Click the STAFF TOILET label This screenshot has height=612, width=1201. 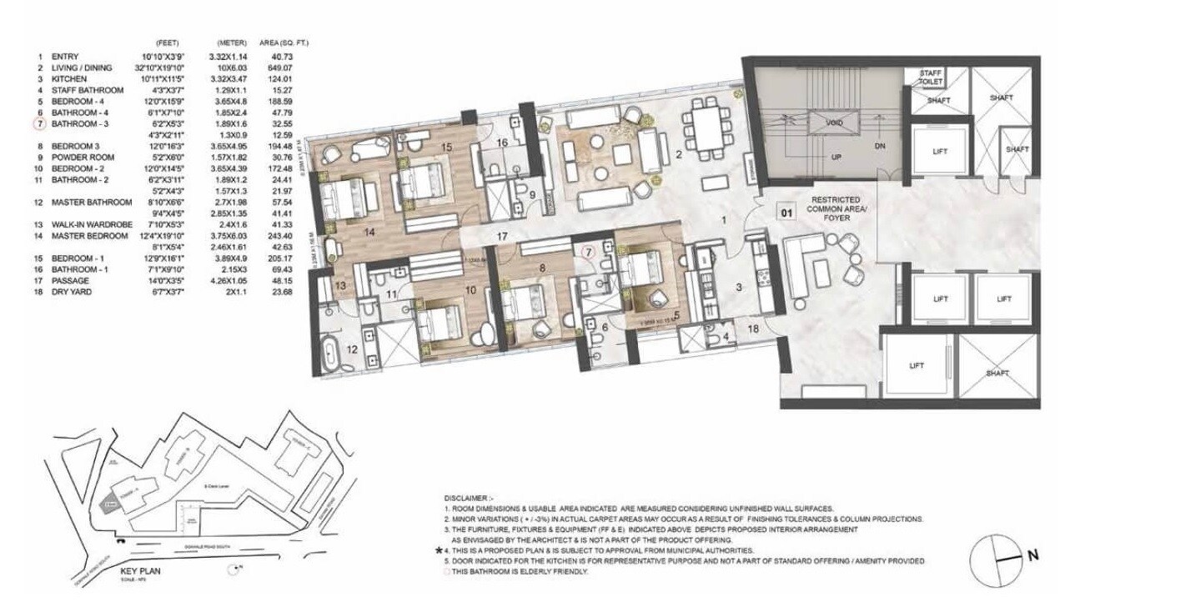931,78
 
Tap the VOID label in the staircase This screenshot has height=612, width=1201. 833,123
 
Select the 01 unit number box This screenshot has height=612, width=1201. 785,212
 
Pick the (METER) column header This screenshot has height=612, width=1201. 229,43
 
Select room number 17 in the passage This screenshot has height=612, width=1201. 502,238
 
